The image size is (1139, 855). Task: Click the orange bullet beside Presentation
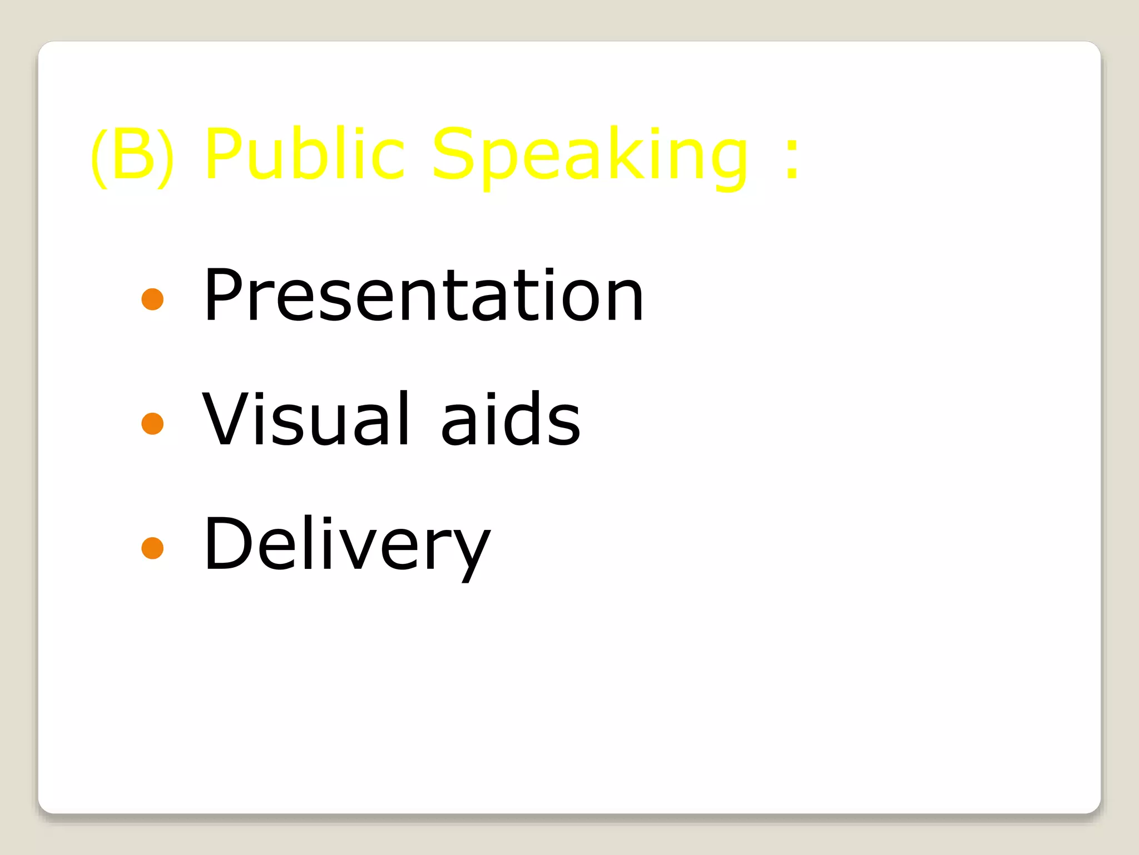(152, 299)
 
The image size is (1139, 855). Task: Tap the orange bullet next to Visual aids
(152, 424)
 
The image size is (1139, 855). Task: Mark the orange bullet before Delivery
(152, 548)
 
